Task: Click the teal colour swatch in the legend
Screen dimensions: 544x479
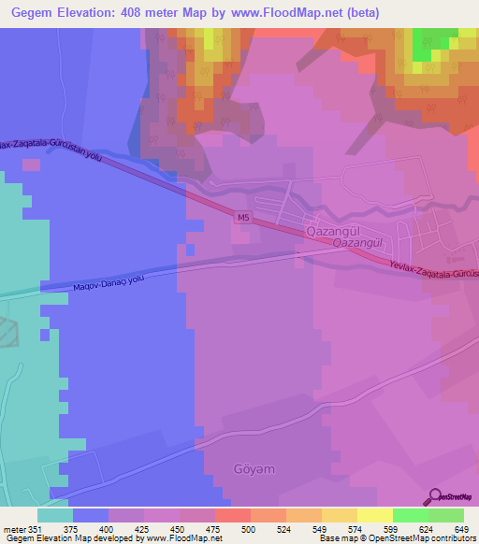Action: (x=55, y=515)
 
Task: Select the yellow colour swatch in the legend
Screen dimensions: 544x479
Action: (x=374, y=515)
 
